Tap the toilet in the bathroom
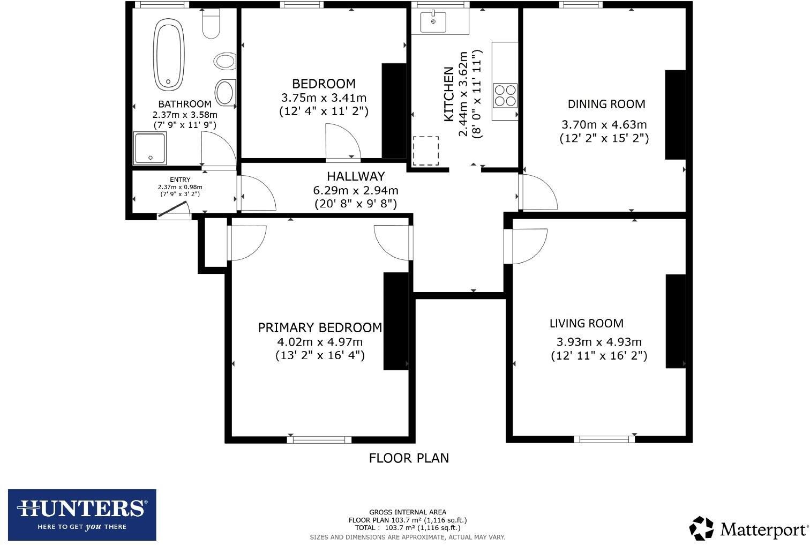(x=211, y=24)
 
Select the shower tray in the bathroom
(x=150, y=148)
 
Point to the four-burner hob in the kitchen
(x=505, y=95)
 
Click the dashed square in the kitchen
(x=425, y=151)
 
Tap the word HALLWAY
(x=356, y=176)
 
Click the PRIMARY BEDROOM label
(x=320, y=327)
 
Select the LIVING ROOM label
(x=586, y=323)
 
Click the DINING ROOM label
(x=606, y=104)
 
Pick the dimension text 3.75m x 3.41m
(x=324, y=98)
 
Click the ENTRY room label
(x=180, y=180)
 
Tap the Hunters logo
(x=82, y=514)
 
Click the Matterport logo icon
(x=701, y=528)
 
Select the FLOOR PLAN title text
(x=409, y=458)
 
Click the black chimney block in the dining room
(x=675, y=115)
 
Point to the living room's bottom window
(x=604, y=439)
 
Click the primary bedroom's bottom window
(x=319, y=440)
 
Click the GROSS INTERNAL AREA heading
(x=407, y=512)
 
